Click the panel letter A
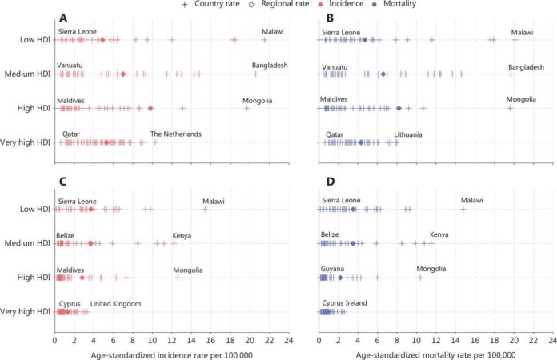[63, 18]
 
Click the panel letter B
[328, 18]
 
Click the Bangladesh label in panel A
[270, 66]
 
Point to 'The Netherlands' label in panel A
[176, 134]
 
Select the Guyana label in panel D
[333, 270]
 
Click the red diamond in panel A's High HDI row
[150, 108]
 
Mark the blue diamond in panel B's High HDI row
[399, 108]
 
